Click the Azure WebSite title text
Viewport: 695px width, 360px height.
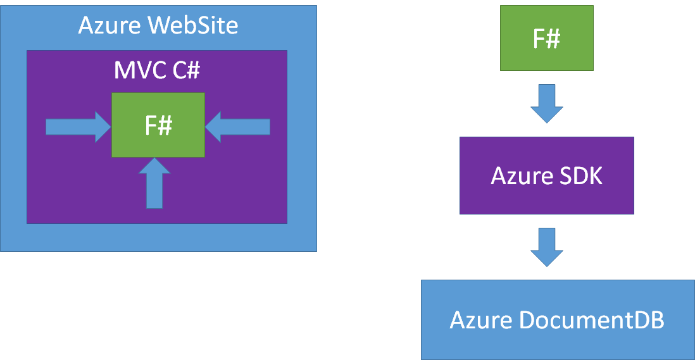click(x=158, y=26)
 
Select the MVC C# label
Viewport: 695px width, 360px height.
click(x=157, y=70)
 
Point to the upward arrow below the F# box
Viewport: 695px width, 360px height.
click(x=154, y=183)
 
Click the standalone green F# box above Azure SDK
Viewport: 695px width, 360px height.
click(x=546, y=38)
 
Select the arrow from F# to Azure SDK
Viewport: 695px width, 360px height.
click(x=546, y=103)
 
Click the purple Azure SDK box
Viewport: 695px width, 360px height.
click(x=546, y=175)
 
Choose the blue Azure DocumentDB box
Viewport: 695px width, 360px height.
click(x=557, y=320)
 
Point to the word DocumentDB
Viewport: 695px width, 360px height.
click(x=591, y=320)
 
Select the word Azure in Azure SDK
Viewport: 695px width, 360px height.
click(x=518, y=175)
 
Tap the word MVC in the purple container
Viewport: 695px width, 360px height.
click(x=139, y=70)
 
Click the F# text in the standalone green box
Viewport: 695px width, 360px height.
click(x=546, y=39)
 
